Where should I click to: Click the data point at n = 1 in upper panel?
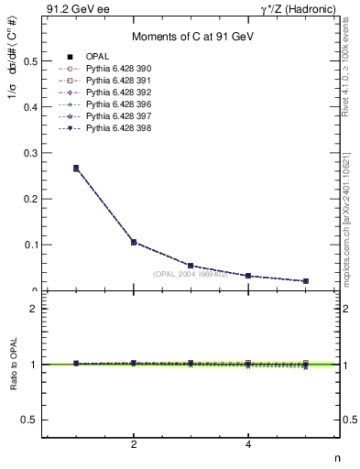[x=76, y=168]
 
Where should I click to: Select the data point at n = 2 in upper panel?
[x=134, y=242]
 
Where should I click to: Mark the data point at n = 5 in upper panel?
[x=305, y=280]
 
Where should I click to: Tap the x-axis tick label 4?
[x=248, y=445]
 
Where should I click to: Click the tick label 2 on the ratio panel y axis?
[x=33, y=309]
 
